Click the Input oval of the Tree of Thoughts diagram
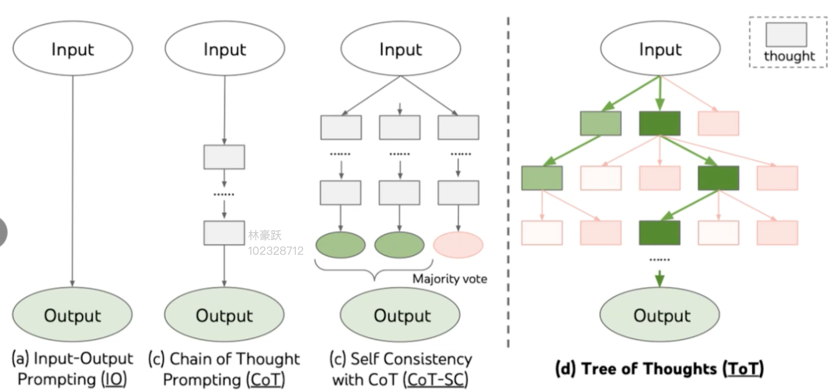660,48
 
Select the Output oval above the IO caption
72,314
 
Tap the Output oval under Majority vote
400,314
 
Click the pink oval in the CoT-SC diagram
458,244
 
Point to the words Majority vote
449,279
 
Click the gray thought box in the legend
786,35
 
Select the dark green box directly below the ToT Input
659,123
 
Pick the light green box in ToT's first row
601,123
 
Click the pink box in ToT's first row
718,123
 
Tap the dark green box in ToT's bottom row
659,233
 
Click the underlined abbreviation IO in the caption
114,379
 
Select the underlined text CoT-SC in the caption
435,379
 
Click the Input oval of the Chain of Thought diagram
225,48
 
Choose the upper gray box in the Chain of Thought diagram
224,157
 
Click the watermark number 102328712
276,251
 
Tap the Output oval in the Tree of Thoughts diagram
659,314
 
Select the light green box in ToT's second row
542,178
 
